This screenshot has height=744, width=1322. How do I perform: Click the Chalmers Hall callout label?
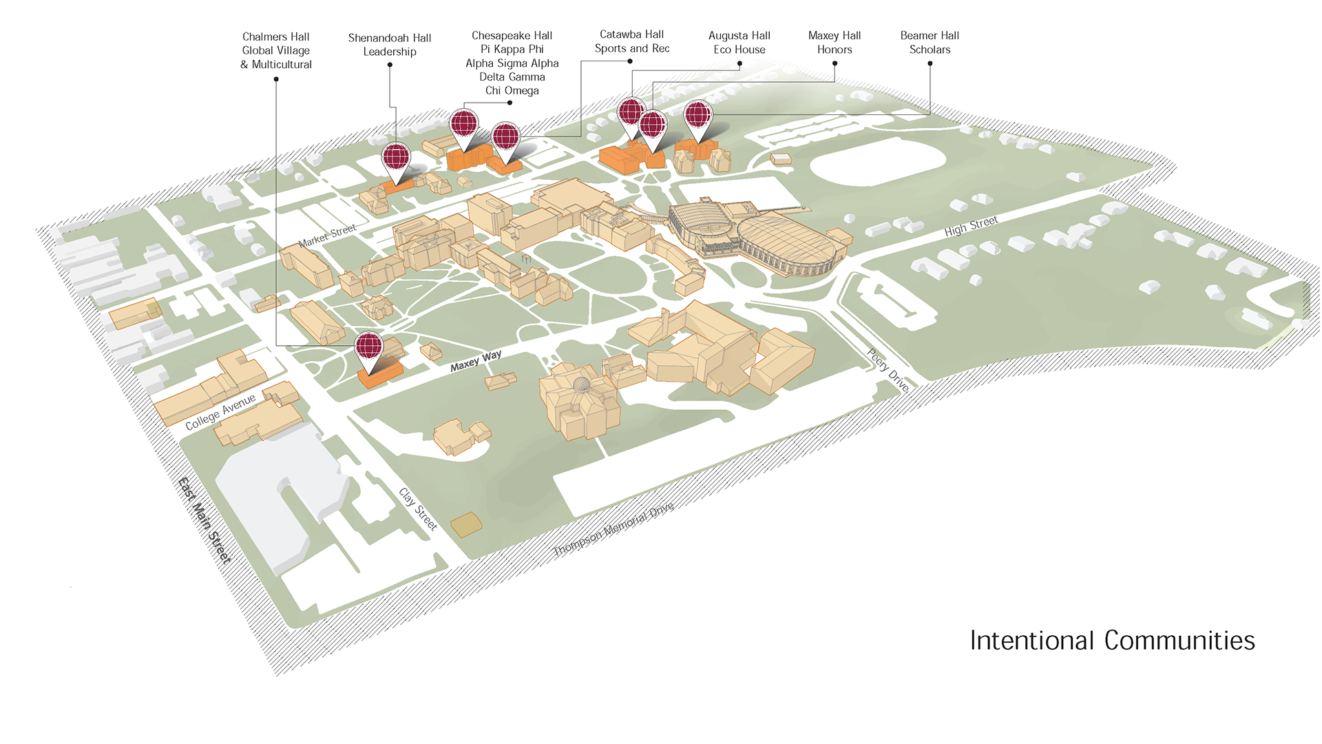(275, 50)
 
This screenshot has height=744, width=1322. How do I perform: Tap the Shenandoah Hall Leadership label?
(390, 45)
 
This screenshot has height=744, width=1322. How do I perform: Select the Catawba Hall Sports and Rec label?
(632, 41)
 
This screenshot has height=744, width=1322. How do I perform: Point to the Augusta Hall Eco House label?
(739, 43)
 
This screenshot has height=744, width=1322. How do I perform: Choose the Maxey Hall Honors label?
(835, 43)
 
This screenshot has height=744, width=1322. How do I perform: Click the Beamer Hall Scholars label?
(930, 43)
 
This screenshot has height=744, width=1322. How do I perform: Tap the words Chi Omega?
(512, 91)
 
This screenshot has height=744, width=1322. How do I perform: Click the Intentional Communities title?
(1112, 641)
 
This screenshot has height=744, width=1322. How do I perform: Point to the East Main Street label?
(204, 520)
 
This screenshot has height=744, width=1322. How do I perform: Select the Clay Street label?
(418, 509)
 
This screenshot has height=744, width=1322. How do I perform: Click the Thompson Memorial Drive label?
(613, 529)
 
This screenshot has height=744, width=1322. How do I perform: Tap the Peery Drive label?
(888, 371)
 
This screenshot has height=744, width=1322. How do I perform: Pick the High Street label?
(971, 226)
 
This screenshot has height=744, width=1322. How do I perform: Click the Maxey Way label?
(476, 361)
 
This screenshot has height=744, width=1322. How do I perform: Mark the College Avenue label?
(220, 412)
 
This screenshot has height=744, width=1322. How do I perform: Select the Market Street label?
(328, 235)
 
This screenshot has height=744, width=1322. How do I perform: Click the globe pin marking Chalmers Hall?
(368, 347)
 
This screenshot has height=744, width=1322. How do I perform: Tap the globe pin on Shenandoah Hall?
(396, 158)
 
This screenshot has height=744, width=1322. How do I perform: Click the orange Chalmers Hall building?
(380, 375)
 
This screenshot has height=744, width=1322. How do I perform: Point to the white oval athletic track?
(878, 161)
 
